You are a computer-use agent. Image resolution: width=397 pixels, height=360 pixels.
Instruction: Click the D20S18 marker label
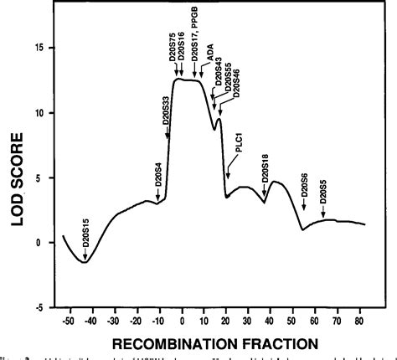(x=266, y=167)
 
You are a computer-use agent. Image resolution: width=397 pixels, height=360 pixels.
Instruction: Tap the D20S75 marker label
(x=173, y=47)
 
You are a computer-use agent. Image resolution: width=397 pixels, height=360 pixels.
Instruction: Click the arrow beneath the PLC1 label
(x=228, y=171)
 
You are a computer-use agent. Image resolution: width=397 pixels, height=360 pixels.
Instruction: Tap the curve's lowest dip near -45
(x=84, y=262)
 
